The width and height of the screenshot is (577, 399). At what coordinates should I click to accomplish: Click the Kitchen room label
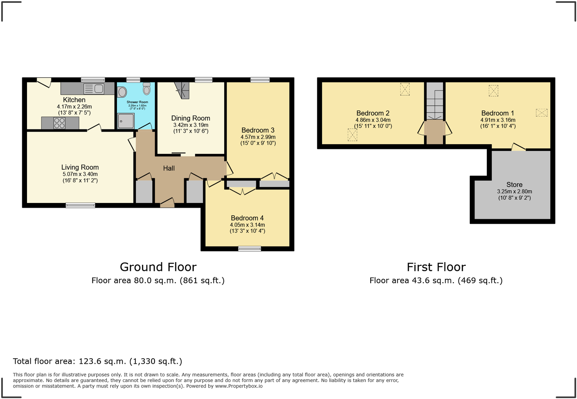pos(74,100)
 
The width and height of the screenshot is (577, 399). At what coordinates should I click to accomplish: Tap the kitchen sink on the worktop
pos(98,89)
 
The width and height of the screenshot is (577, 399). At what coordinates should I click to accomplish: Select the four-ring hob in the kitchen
pos(59,123)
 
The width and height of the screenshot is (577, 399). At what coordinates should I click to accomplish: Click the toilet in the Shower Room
pos(146,89)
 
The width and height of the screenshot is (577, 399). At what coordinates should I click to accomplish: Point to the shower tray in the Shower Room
pos(126,121)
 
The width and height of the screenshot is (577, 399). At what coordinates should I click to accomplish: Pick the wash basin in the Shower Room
pos(122,92)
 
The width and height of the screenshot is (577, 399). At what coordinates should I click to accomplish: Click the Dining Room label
pos(190,118)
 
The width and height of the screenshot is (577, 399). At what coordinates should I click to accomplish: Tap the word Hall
pos(169,168)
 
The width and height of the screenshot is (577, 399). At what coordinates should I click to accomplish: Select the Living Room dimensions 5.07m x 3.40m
pos(80,174)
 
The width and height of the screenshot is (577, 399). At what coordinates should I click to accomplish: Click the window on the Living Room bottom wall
pos(80,205)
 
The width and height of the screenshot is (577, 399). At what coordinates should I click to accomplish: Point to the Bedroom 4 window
pos(249,248)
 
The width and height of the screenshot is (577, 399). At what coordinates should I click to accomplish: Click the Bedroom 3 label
pos(258,130)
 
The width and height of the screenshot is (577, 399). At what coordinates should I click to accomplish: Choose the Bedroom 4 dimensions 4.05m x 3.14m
pos(247,225)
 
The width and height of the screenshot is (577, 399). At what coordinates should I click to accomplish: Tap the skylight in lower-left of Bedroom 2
pos(352,135)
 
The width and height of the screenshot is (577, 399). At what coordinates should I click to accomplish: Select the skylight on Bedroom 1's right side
pos(541,112)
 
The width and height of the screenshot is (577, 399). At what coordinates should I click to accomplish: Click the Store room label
pos(514,185)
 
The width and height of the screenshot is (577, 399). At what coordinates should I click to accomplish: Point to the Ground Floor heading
pos(158,267)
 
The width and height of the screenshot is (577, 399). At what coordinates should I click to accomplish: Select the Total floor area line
pos(98,361)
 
